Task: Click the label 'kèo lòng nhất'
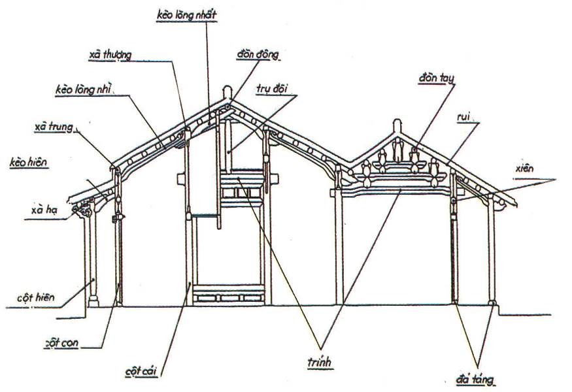click(187, 15)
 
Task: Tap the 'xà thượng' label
click(110, 55)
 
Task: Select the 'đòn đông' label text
click(258, 54)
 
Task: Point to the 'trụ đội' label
click(272, 89)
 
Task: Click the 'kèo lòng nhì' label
click(83, 90)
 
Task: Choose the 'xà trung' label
click(54, 127)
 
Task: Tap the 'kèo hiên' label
click(29, 162)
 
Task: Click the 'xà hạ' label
click(44, 210)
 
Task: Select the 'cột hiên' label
click(36, 297)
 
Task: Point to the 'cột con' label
click(61, 343)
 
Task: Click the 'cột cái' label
click(141, 372)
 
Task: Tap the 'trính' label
click(320, 362)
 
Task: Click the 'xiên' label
click(524, 169)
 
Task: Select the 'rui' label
click(463, 117)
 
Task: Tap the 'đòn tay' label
click(436, 78)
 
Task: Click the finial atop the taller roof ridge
click(227, 92)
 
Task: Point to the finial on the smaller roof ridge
click(397, 126)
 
